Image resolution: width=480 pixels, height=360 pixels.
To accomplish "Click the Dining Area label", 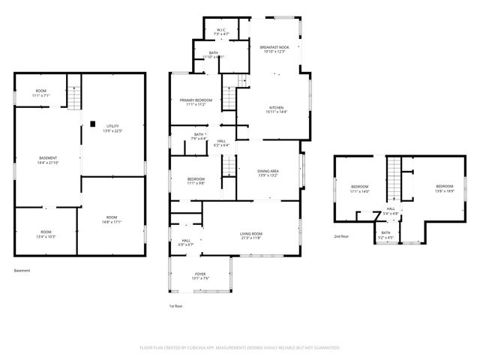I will tap(268, 173).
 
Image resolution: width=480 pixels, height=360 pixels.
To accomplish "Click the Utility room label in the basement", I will tap(112, 128).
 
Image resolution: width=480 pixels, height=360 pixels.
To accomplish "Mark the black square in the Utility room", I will tap(92, 124).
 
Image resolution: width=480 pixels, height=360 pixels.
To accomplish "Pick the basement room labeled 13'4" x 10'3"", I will tap(46, 233).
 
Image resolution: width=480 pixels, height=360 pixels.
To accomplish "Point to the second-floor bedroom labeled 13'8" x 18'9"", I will tap(444, 188).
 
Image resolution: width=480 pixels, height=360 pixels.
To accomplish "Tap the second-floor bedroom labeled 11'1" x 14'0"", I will tap(360, 188).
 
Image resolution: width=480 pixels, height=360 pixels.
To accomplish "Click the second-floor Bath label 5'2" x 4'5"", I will tap(385, 234).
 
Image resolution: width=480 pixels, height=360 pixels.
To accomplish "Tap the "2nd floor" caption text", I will tap(342, 237).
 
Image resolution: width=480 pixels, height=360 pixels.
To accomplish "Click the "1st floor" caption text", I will tap(175, 306).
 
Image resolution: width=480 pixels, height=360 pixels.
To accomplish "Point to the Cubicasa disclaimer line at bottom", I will tap(239, 348).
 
